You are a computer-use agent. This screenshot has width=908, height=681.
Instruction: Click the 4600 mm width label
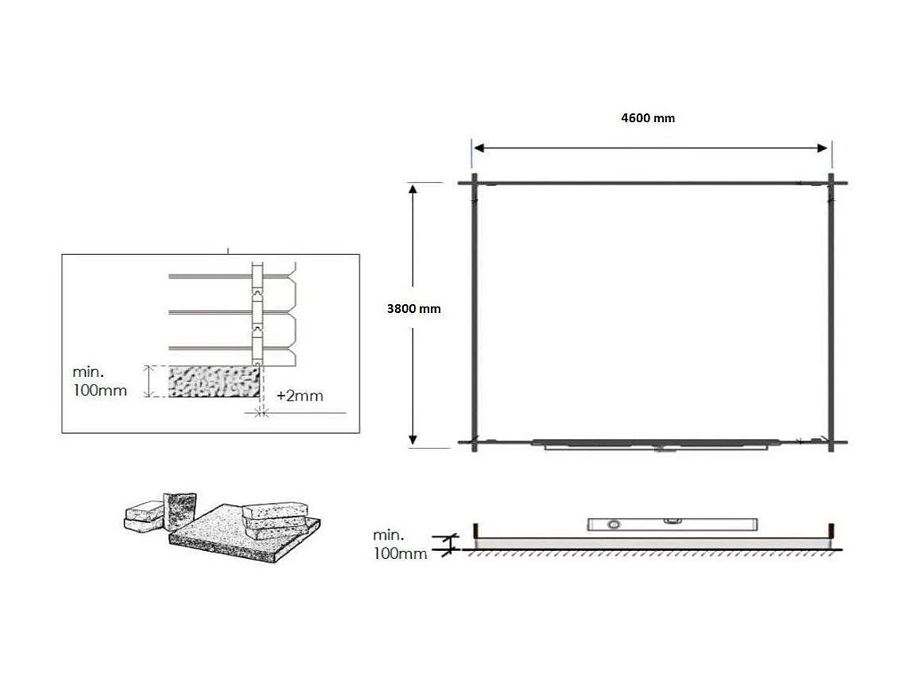[647, 118]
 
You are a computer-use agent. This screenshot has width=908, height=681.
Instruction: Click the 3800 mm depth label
[413, 309]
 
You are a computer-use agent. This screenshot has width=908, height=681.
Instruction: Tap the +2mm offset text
[300, 395]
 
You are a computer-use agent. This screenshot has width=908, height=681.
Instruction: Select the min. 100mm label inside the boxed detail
[99, 382]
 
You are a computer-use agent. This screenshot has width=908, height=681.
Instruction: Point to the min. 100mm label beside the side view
[400, 544]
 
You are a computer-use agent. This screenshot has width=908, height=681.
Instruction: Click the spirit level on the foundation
[672, 524]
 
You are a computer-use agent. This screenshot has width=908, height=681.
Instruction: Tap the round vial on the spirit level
[613, 525]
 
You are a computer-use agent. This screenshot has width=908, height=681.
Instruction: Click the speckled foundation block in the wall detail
[214, 382]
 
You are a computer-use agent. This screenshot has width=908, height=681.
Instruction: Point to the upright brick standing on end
[180, 510]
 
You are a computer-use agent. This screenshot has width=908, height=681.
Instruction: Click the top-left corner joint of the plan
[475, 183]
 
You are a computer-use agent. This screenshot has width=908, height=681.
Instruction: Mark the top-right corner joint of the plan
[831, 183]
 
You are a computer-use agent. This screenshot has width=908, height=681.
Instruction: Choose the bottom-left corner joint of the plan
[475, 441]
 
